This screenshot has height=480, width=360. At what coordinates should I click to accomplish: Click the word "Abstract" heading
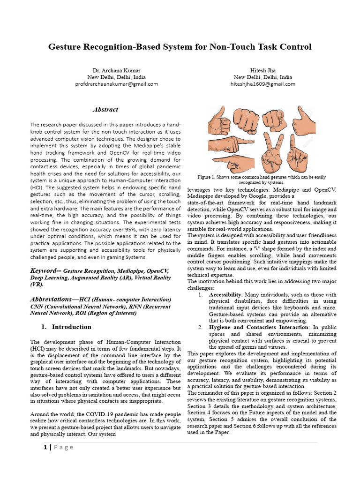(x=105, y=110)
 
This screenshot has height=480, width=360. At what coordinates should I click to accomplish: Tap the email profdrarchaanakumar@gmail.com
(x=116, y=84)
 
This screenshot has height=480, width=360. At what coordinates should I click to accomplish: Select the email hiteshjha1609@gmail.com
(x=262, y=84)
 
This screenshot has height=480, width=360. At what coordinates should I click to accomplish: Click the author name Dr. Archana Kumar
(x=116, y=70)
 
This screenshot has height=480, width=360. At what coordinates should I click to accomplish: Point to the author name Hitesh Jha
(x=262, y=70)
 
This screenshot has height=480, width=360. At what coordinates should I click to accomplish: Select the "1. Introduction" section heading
(x=66, y=327)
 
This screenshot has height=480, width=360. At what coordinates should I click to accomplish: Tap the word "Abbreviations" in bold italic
(x=51, y=299)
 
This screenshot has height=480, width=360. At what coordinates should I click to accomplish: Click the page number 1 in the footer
(x=45, y=447)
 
